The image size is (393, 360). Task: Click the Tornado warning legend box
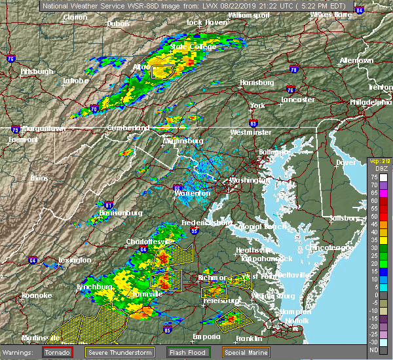[58, 352]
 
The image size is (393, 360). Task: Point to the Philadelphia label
[370, 102]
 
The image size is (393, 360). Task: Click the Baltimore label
[273, 152]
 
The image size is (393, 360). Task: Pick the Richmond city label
[212, 278]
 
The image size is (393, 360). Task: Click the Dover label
[346, 162]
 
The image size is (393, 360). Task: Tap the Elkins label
[40, 177]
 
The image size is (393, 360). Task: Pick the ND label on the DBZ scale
[373, 350]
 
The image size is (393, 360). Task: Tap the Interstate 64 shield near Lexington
[33, 261]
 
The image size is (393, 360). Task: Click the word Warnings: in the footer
[20, 352]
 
